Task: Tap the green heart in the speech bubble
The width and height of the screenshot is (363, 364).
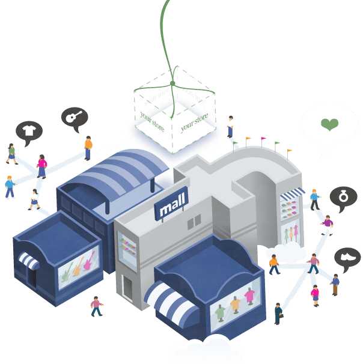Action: (x=329, y=124)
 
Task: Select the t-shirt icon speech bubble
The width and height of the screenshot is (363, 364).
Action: (x=29, y=132)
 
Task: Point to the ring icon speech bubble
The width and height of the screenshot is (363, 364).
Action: (x=343, y=197)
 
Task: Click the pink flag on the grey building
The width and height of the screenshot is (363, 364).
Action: (x=263, y=139)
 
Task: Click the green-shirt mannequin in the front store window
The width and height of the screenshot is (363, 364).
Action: (x=221, y=311)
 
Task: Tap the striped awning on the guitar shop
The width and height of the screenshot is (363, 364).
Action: (x=28, y=261)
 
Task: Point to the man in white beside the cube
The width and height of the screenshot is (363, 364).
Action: (x=230, y=127)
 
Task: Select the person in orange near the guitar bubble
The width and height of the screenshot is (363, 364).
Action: (x=88, y=146)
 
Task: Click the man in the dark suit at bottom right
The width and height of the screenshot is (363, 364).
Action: (x=278, y=314)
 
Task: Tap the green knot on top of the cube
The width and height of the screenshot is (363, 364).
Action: (x=172, y=83)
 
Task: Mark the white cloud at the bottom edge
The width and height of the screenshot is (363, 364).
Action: (x=203, y=351)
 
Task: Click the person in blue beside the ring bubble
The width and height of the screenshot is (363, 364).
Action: (x=314, y=199)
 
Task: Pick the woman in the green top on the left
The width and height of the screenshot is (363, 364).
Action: (x=11, y=153)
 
